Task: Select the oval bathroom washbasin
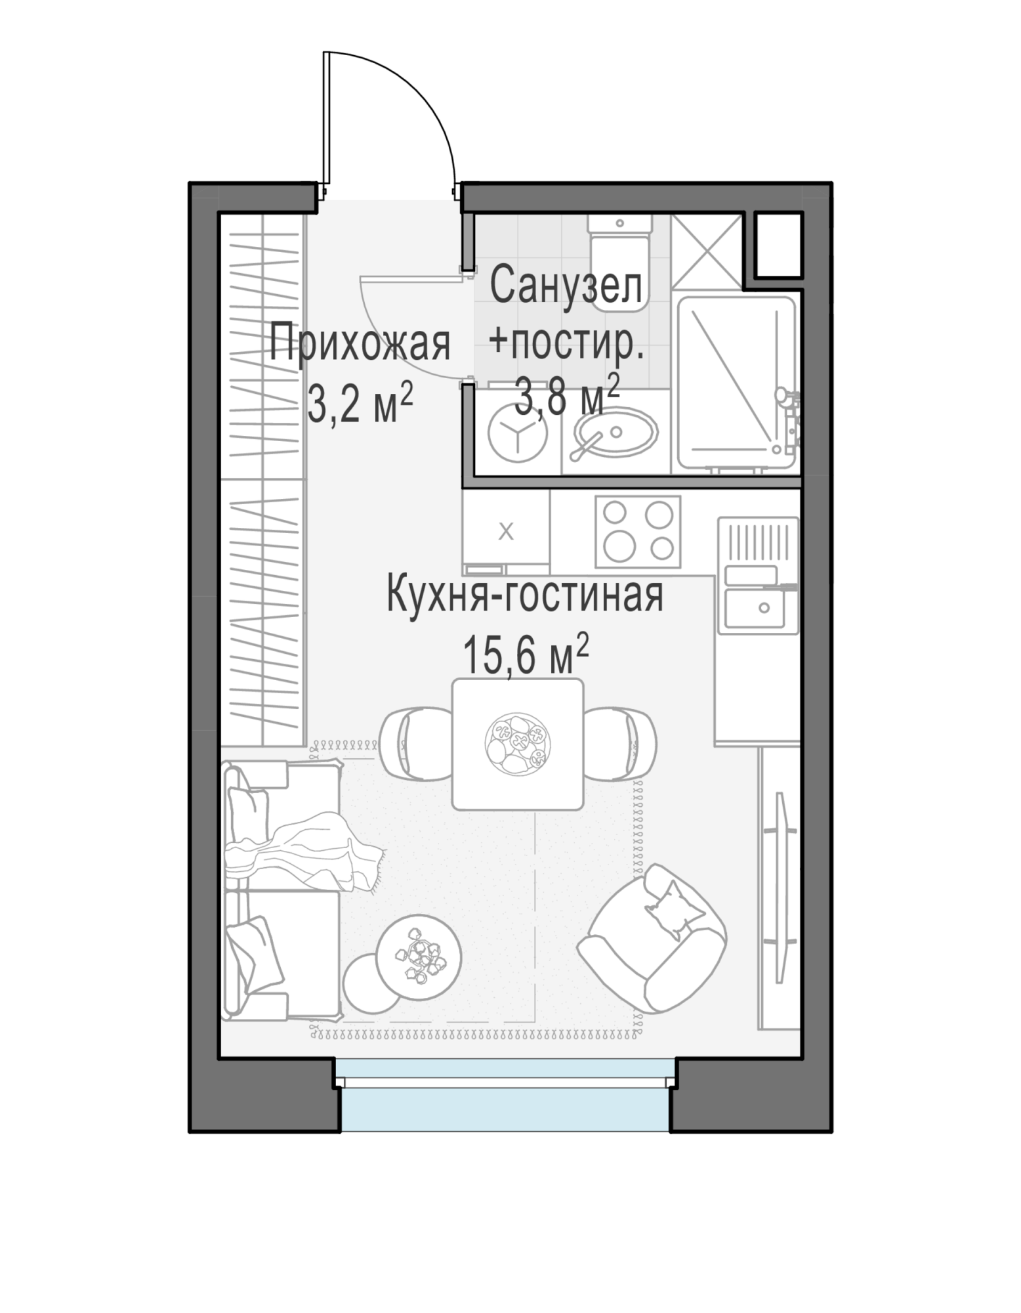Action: pos(615,433)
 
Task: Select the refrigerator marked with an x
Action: pos(506,532)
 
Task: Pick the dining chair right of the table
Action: pos(620,744)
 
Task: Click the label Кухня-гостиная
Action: pos(525,594)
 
